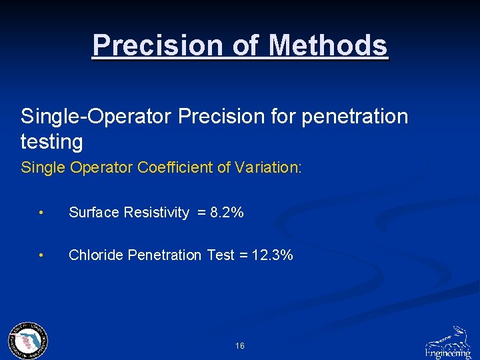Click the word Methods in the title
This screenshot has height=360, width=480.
(x=328, y=45)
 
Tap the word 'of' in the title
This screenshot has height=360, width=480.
(x=245, y=45)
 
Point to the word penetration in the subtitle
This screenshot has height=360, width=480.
(x=355, y=117)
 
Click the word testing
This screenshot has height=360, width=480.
(x=52, y=142)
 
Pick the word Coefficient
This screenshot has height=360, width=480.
(x=175, y=167)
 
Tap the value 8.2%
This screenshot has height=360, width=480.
(x=227, y=213)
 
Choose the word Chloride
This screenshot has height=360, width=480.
(x=95, y=255)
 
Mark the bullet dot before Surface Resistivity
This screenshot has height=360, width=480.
(x=41, y=213)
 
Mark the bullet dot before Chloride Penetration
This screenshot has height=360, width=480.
(x=41, y=256)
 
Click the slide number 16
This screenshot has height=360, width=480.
(x=240, y=346)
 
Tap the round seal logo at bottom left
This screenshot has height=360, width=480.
(x=28, y=341)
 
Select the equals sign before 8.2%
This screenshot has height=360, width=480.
(x=200, y=213)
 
